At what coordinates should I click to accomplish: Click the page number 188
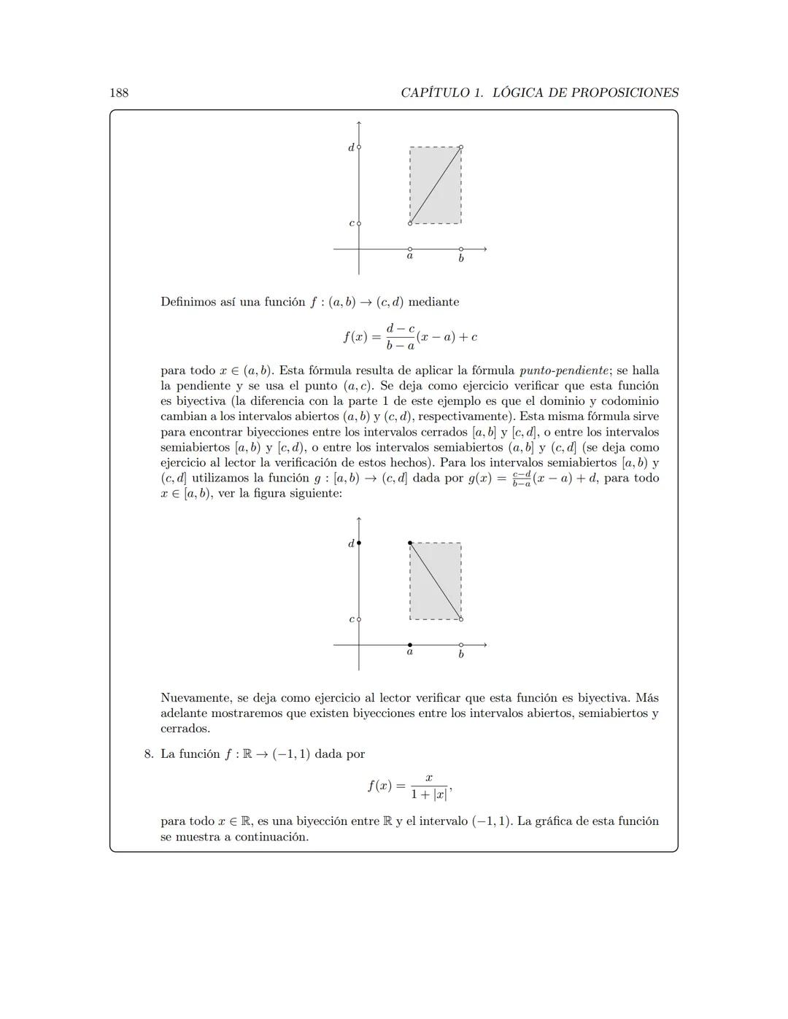pos(119,93)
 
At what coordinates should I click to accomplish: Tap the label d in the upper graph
pos(351,147)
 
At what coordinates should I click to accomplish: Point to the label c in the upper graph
pos(351,223)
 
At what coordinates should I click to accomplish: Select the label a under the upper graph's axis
pos(410,256)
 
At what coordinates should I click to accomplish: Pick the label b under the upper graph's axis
pos(461,258)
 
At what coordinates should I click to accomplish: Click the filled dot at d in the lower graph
pos(359,543)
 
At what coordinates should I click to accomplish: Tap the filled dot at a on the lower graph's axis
pos(410,645)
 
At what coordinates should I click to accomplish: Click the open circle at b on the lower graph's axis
pos(461,645)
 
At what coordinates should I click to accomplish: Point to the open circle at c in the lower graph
pos(359,619)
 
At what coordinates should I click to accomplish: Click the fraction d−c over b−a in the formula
pos(401,337)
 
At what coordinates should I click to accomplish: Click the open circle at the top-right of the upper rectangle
pos(461,147)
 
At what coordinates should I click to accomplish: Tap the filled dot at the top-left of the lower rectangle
pos(410,543)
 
